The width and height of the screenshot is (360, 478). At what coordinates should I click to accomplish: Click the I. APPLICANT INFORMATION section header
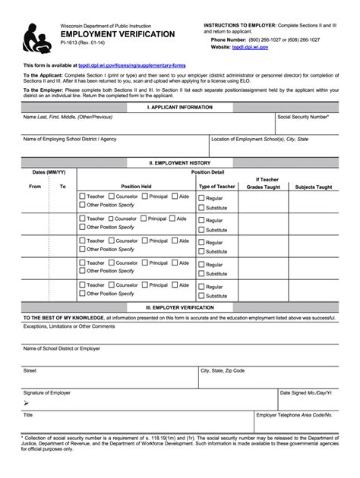coord(180,108)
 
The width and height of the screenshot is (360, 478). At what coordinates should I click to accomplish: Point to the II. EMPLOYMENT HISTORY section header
coord(180,162)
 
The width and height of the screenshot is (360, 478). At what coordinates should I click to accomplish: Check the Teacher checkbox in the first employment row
coord(82,197)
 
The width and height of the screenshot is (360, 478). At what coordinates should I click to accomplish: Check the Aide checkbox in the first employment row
coord(174,197)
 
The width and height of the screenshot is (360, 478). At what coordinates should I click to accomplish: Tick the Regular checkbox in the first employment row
coord(201,199)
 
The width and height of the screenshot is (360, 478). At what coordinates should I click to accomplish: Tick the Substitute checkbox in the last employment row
coord(201,296)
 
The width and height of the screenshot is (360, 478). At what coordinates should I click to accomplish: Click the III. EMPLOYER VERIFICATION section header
coord(180,307)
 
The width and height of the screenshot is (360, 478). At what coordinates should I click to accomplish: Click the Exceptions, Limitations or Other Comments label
coord(69,326)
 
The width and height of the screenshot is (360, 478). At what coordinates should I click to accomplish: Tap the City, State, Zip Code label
coord(223,371)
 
